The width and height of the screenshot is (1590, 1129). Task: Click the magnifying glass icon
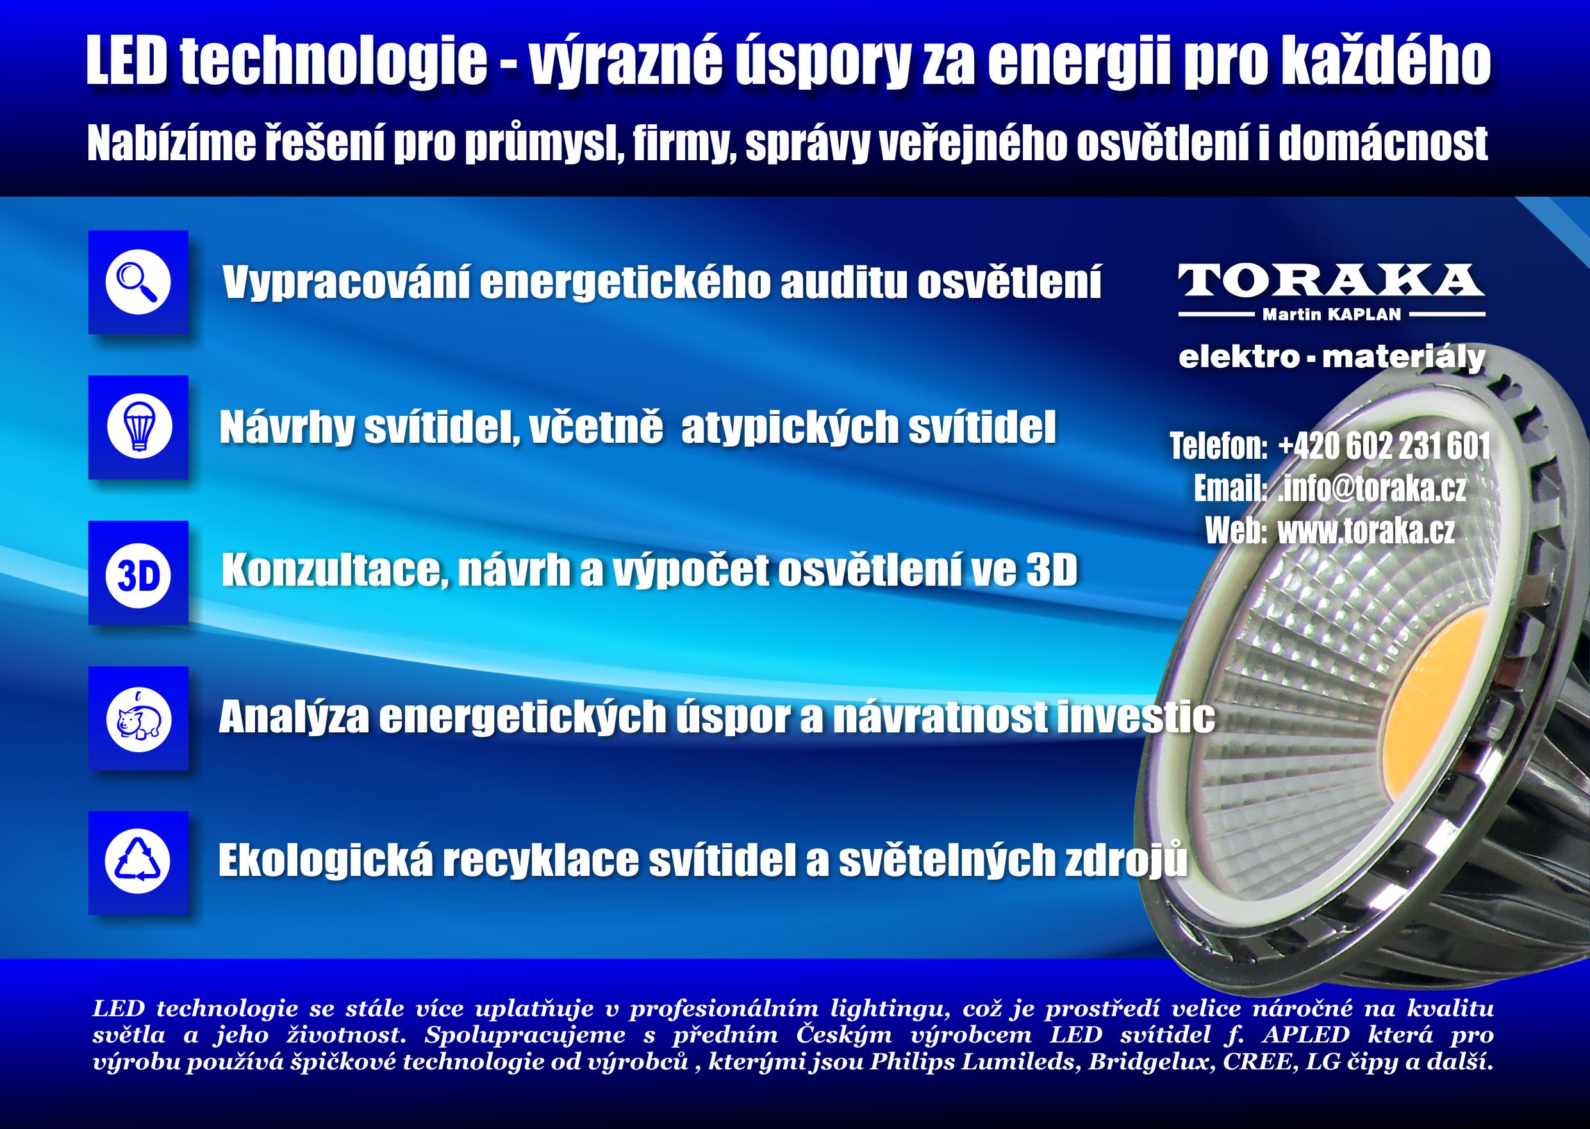(x=138, y=281)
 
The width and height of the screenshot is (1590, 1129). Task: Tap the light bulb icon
(x=138, y=426)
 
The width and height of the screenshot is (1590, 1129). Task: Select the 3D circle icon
(x=138, y=572)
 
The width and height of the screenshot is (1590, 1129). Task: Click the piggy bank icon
(x=138, y=718)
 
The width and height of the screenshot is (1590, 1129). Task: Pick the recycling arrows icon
(x=138, y=862)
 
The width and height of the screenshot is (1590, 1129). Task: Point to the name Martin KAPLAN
(x=1331, y=315)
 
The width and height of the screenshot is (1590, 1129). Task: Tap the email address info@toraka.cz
(x=1373, y=488)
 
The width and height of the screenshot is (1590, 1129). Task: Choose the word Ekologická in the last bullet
(x=326, y=862)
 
